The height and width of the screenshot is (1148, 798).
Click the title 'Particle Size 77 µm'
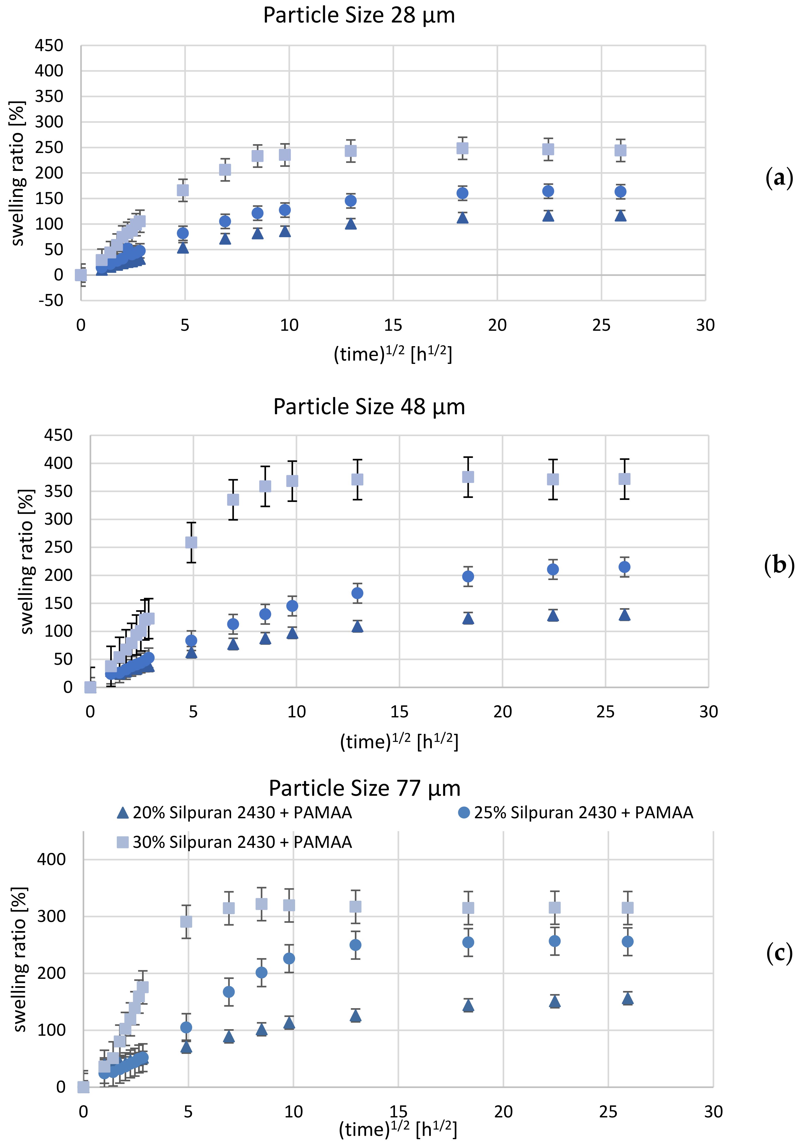tap(365, 788)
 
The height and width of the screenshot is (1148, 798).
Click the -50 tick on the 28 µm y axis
tap(51, 300)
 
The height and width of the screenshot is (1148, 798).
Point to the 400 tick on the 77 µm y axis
tap(52, 859)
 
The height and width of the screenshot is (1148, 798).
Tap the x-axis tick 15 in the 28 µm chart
tap(393, 325)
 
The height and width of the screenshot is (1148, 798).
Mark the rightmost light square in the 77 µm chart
tap(628, 908)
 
